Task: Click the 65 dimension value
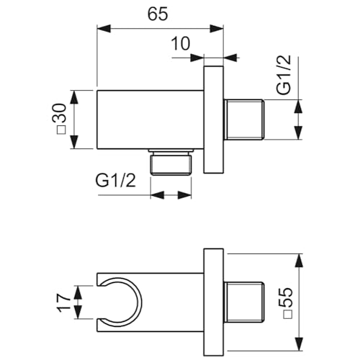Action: click(x=158, y=14)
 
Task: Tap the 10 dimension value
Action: click(x=181, y=44)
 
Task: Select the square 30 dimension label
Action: click(x=60, y=119)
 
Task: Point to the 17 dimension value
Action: click(x=63, y=302)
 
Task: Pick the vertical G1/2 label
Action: click(x=284, y=75)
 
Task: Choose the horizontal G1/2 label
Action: click(x=115, y=181)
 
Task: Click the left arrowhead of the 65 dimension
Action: click(x=104, y=28)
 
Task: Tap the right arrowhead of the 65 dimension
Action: click(x=217, y=28)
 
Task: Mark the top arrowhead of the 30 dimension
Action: click(x=75, y=97)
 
